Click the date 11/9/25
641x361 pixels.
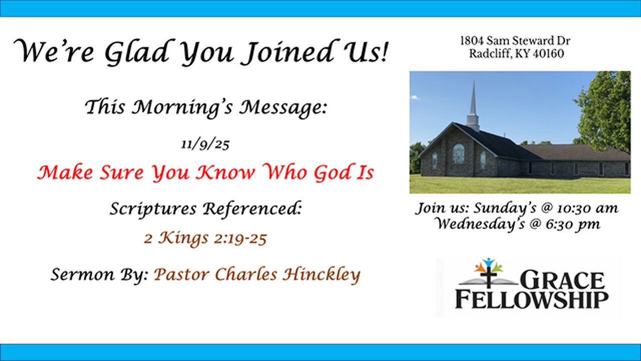pos(205,145)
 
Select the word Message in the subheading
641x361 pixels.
pos(283,107)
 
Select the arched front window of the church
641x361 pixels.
pos(458,153)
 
